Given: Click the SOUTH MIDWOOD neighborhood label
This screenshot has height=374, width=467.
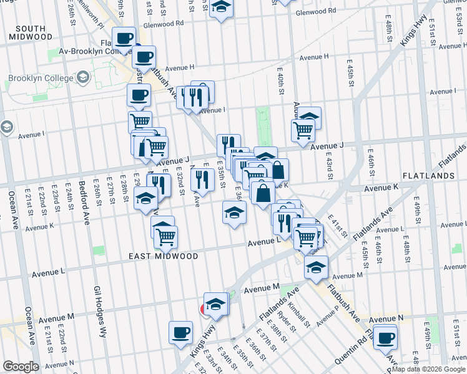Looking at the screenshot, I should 31,32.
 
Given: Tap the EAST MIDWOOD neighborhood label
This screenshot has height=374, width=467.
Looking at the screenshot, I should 164,256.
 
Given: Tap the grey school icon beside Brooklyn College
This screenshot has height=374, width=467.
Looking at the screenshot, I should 82,79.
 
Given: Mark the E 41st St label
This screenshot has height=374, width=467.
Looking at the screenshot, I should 339,228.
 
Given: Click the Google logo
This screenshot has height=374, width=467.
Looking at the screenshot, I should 21,367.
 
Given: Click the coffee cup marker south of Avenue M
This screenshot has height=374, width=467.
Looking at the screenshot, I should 180,332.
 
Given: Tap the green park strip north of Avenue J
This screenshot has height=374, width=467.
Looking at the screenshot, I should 263,125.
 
